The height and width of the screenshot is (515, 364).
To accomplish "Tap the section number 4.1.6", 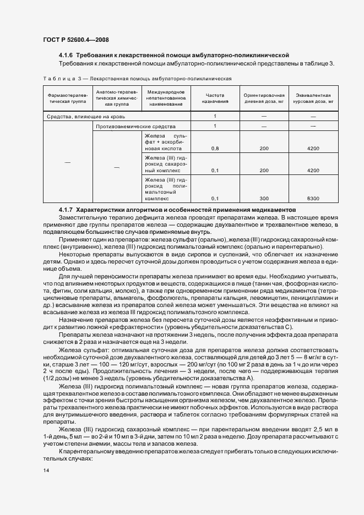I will [x=66, y=56].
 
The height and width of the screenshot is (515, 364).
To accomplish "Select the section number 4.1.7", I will [x=66, y=210].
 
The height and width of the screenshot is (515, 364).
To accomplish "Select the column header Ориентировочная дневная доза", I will [x=264, y=98].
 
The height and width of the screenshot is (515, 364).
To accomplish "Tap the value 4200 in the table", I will [x=313, y=149].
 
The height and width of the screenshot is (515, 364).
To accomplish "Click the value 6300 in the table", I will [x=313, y=198].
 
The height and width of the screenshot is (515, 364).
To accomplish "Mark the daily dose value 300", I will [x=264, y=198].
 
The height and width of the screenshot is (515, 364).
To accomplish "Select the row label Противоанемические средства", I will [x=129, y=127].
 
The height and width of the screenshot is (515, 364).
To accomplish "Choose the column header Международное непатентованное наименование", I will [x=166, y=98].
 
